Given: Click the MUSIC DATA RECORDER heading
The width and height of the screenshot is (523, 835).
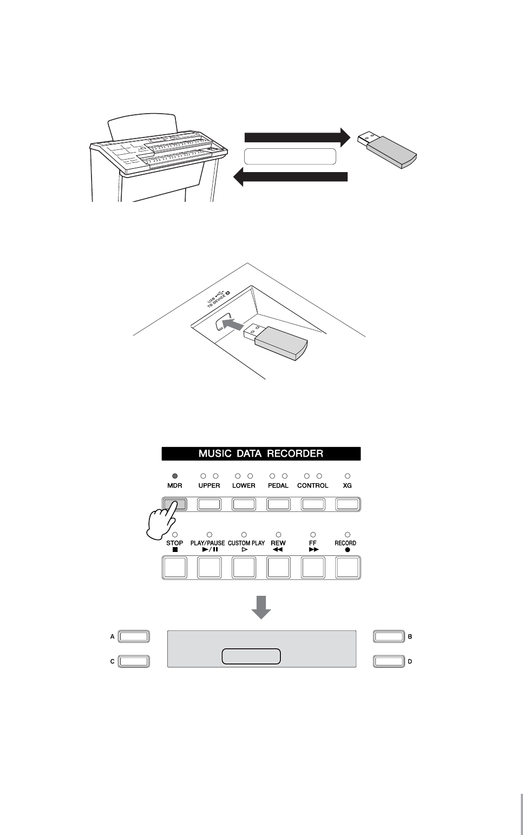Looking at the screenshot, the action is [261, 453].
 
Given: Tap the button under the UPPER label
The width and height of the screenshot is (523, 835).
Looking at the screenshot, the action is [209, 504].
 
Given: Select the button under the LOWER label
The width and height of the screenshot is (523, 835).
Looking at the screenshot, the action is [244, 504].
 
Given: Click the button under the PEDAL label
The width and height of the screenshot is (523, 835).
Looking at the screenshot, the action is [278, 504].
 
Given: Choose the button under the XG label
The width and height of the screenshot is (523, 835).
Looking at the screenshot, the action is [348, 504].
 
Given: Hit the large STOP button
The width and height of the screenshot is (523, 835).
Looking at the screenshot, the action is [174, 567].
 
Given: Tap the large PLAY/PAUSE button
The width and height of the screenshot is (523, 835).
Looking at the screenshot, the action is [209, 567].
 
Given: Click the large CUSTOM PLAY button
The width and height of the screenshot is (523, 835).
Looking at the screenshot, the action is [244, 567].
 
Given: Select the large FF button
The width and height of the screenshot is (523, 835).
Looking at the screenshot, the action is [313, 567].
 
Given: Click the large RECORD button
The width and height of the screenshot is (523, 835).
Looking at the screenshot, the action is [348, 567].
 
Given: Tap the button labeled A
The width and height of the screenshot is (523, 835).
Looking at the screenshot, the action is [134, 636].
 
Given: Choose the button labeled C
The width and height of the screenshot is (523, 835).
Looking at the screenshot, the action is [134, 661].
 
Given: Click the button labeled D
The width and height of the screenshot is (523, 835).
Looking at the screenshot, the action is [389, 661].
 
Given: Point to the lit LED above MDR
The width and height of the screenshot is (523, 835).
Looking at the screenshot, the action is [174, 476].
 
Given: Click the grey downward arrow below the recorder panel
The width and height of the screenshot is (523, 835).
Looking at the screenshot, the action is [261, 607].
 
